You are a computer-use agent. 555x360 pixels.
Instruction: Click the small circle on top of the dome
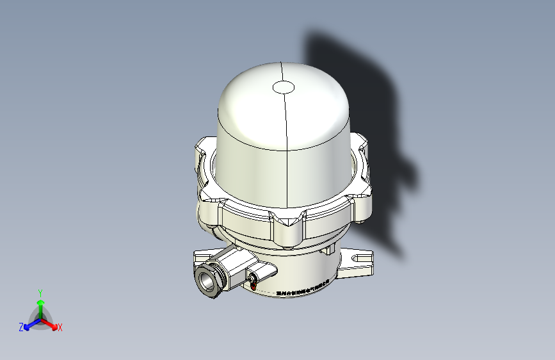coord(283,87)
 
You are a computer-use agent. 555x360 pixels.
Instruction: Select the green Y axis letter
coord(40,291)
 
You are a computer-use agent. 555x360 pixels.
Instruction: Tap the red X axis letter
coord(60,327)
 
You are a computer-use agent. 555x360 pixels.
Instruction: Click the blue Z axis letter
coord(21,327)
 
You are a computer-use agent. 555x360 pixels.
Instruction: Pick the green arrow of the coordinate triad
coord(40,303)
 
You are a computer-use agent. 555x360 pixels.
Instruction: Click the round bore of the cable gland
coord(207,279)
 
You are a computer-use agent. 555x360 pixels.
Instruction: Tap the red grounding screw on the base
coord(253,286)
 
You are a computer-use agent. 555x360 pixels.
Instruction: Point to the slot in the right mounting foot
coord(361,259)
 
